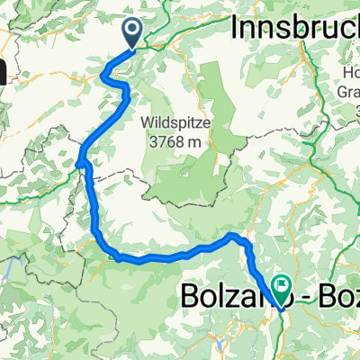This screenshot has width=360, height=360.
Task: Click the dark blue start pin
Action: (x=131, y=34)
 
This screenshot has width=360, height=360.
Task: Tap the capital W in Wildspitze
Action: (x=148, y=120)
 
